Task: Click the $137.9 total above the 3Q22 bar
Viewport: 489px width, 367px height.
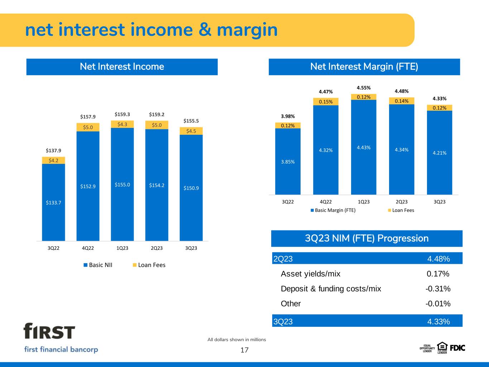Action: pos(53,151)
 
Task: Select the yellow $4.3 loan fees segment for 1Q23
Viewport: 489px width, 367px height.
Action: pos(122,124)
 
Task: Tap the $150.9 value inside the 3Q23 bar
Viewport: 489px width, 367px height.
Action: pos(191,188)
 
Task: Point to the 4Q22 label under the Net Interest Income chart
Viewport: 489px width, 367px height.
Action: pos(88,248)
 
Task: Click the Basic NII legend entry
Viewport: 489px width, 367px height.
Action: pos(98,265)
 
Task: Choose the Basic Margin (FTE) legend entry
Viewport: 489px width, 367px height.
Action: pos(333,210)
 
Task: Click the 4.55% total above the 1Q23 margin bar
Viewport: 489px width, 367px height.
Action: pos(364,88)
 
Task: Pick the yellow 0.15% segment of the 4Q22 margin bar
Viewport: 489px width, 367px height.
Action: pos(326,102)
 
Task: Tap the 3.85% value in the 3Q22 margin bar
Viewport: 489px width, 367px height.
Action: pos(288,162)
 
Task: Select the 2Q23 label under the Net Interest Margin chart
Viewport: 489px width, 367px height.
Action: pos(402,202)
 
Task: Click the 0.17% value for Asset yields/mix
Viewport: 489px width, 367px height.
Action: pos(438,273)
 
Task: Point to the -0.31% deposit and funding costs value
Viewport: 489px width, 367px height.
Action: pos(438,289)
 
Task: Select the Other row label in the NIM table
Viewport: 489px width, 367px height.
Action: pos(291,304)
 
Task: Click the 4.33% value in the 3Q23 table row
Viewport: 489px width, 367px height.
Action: pos(438,321)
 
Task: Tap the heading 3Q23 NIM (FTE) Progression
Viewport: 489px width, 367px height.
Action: pos(367,238)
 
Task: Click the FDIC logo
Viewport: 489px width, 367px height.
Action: pos(457,348)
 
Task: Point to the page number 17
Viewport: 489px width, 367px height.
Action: pos(244,350)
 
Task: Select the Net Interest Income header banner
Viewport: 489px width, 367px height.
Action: pos(122,67)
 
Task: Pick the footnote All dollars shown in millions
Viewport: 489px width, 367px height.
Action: pos(236,340)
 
